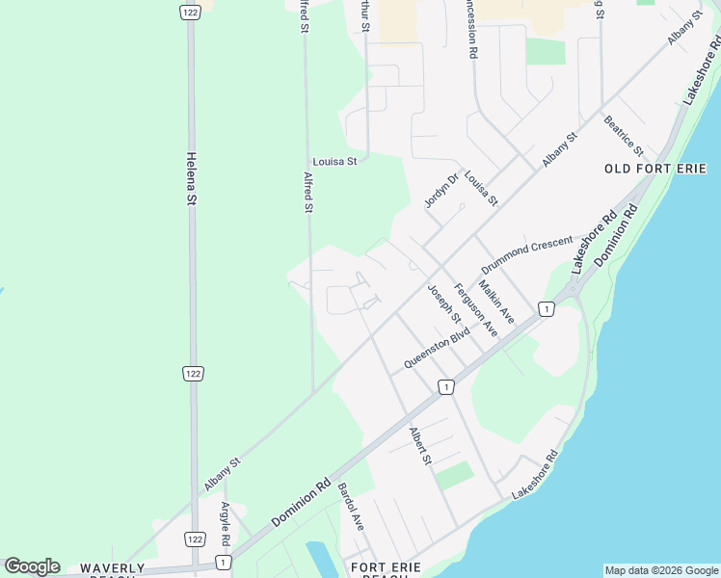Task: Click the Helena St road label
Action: tap(192, 179)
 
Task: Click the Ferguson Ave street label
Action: tap(475, 308)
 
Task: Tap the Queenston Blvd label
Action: tap(437, 348)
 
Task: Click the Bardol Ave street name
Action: tap(351, 508)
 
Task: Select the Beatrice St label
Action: tap(623, 136)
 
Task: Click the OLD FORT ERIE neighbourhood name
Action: tap(655, 169)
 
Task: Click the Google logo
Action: tap(33, 566)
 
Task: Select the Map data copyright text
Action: tap(660, 570)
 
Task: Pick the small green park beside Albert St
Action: tap(455, 475)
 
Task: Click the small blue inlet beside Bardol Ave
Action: tap(319, 560)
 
